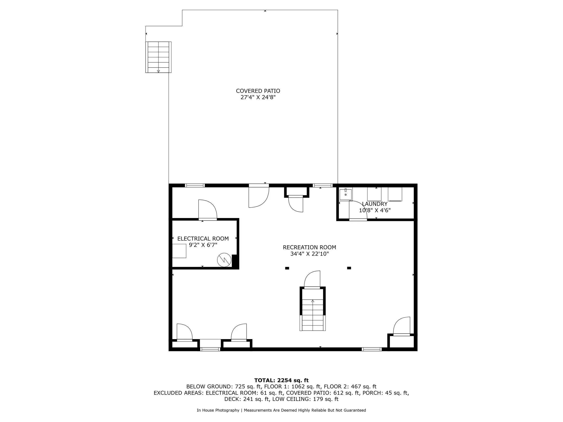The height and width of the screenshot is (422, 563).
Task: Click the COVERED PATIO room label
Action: (258, 91)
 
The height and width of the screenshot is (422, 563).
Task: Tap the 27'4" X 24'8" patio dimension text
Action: (258, 97)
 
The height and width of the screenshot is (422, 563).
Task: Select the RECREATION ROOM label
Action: (309, 247)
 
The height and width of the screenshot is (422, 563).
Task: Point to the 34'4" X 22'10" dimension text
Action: (309, 254)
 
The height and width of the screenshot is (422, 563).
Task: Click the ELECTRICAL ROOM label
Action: (203, 239)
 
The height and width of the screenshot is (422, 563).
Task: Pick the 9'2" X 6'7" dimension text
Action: (203, 245)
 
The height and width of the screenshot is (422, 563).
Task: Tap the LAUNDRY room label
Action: (375, 204)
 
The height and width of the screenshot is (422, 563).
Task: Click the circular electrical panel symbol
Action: (224, 260)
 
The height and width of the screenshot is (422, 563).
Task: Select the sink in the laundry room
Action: (345, 195)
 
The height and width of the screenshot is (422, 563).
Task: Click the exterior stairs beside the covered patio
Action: (158, 57)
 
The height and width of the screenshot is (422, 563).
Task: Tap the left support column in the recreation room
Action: (287, 268)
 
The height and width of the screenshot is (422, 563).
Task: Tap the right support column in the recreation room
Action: (349, 268)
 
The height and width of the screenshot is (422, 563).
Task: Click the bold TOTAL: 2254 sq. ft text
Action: (281, 380)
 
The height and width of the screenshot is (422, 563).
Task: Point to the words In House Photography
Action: (218, 410)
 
